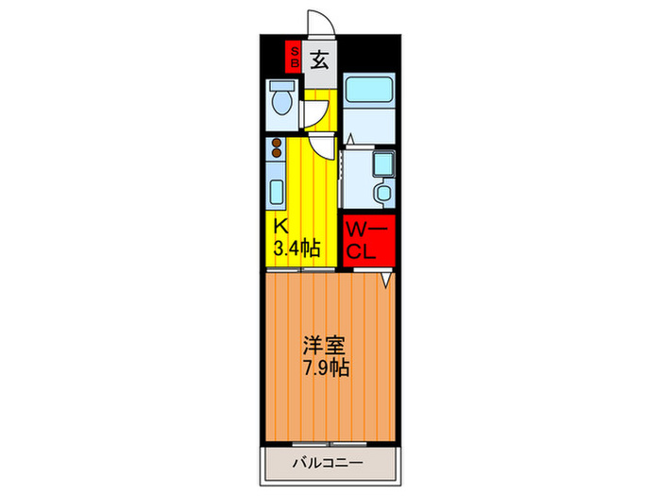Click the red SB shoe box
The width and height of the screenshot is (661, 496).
[294, 58]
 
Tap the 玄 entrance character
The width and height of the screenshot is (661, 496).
[320, 60]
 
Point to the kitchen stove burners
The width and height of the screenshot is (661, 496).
[277, 148]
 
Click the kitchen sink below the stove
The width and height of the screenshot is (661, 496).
[277, 192]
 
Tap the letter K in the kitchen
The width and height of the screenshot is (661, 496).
[280, 227]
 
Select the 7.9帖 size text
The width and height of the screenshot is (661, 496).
[326, 368]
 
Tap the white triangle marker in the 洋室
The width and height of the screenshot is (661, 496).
[386, 281]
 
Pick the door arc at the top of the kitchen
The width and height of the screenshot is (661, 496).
[322, 145]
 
